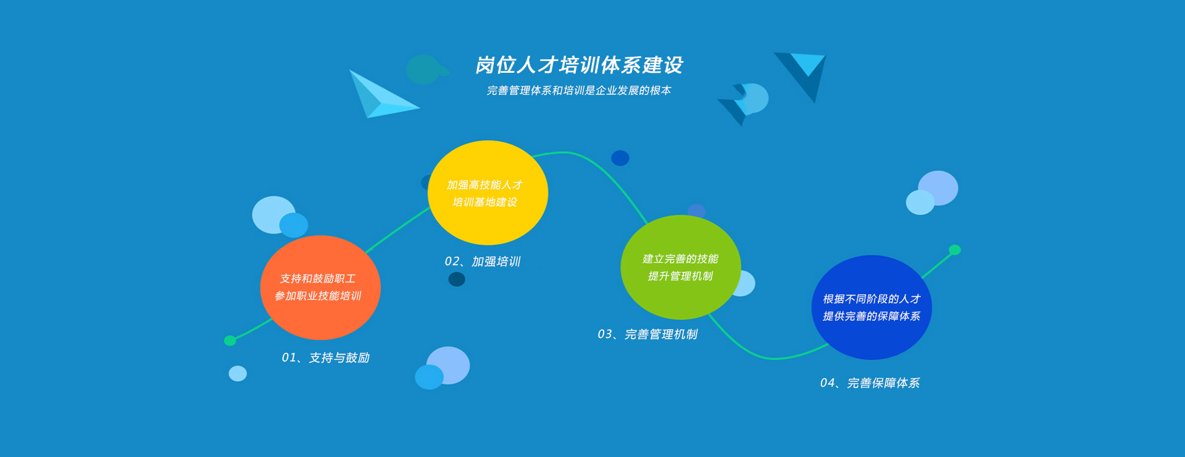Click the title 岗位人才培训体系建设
(x=579, y=65)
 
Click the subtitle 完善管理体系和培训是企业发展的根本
(x=579, y=91)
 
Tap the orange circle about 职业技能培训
(x=320, y=287)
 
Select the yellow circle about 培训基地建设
(x=488, y=192)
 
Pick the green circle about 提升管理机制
(x=681, y=267)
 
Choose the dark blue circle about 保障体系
(x=871, y=307)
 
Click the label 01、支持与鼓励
(x=325, y=358)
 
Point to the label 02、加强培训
(x=483, y=261)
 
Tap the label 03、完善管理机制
(x=647, y=334)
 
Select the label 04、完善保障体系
(x=870, y=383)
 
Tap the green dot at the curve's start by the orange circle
(x=230, y=340)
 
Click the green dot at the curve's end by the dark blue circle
(x=955, y=250)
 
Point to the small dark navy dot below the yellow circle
(x=457, y=279)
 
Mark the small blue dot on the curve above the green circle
(x=620, y=158)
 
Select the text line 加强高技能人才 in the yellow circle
(x=484, y=185)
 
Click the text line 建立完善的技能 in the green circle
(x=680, y=259)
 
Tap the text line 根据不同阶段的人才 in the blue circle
(x=871, y=299)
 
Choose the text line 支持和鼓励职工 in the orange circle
(x=318, y=279)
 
